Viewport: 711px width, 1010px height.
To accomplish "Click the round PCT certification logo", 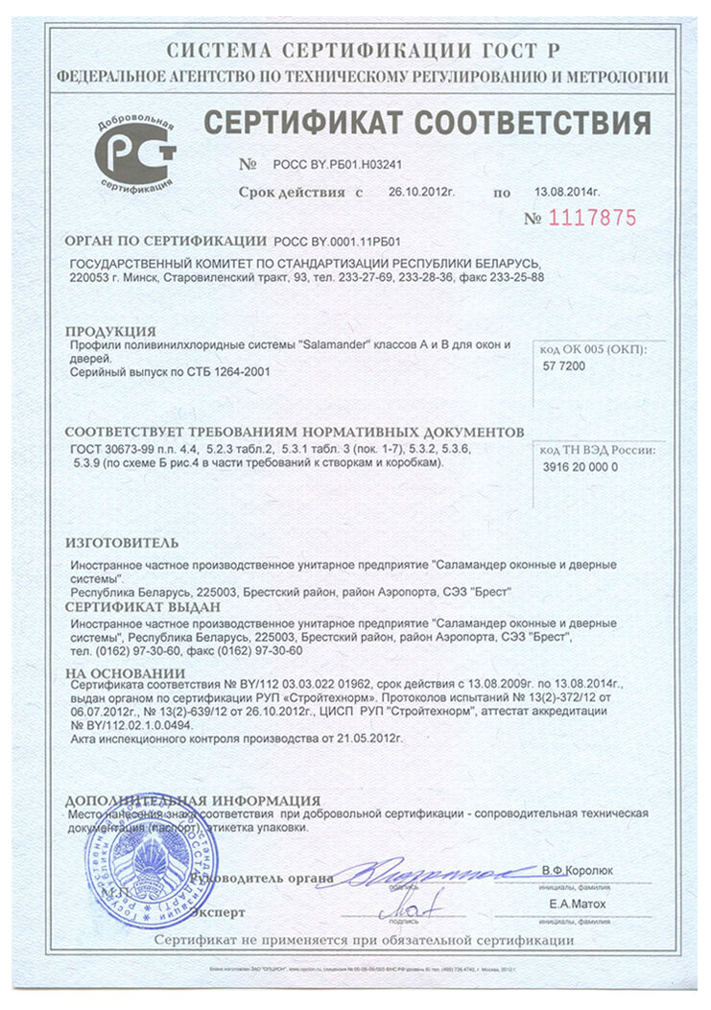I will [x=135, y=153].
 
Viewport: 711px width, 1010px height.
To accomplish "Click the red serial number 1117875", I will [x=593, y=218].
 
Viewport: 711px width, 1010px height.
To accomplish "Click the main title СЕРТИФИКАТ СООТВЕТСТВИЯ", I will [x=427, y=124].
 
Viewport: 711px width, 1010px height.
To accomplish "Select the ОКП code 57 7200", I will [x=564, y=366].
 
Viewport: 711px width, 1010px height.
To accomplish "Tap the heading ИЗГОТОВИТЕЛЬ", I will [x=121, y=543].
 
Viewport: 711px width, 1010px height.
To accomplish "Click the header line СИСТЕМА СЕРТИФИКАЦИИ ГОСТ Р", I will [x=362, y=50].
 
